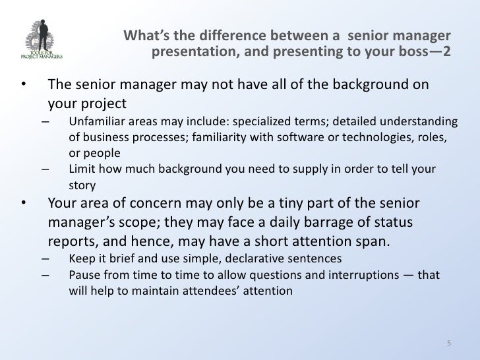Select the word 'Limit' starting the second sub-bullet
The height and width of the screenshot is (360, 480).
[81, 168]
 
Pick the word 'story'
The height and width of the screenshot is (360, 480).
[82, 183]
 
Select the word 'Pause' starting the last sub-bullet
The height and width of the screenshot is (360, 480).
[83, 272]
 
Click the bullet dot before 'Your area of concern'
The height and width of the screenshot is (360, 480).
[24, 202]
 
